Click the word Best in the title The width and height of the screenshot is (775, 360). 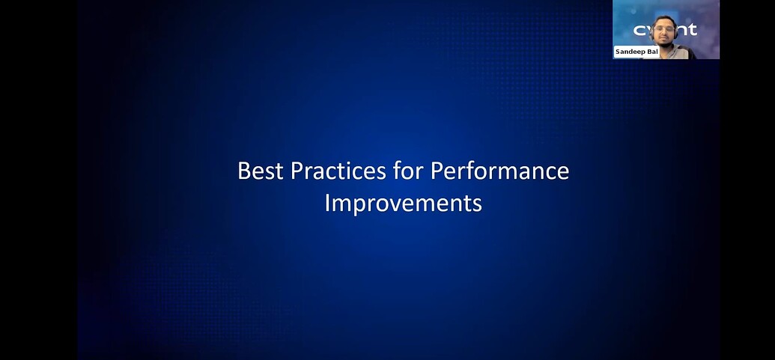(261, 171)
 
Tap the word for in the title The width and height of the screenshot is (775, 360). (410, 171)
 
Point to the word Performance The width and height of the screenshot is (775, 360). (499, 171)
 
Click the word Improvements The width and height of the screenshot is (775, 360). (403, 203)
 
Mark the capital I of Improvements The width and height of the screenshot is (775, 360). (327, 203)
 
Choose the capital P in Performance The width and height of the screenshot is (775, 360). (437, 171)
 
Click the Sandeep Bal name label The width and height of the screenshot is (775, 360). (636, 52)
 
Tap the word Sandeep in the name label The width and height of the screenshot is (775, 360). (631, 52)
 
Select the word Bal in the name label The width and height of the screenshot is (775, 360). (652, 52)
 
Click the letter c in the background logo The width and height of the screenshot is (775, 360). (639, 30)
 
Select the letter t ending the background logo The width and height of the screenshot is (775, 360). (692, 29)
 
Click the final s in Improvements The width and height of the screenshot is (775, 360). (477, 203)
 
